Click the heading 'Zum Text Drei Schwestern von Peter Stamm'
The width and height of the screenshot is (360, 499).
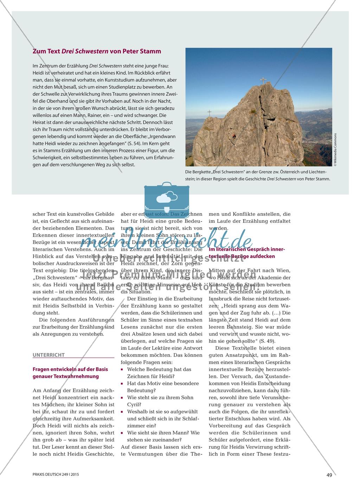[x=97, y=51]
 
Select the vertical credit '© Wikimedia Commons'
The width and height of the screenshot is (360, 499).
[x=335, y=149]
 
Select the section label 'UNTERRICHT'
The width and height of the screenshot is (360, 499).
[x=49, y=355]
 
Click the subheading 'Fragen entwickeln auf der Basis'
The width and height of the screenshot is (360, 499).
[x=70, y=369]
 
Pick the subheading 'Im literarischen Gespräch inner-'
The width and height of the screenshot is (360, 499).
[x=247, y=249]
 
